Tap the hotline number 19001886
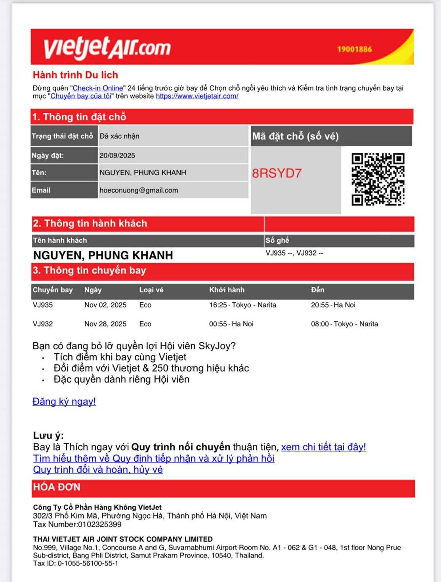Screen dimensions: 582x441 354,49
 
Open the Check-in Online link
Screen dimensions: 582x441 98,88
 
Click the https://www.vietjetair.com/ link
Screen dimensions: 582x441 197,96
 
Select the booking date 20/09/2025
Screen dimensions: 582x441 117,155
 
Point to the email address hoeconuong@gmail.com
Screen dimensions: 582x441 139,190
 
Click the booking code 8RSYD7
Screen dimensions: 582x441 277,173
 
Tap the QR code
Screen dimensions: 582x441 378,179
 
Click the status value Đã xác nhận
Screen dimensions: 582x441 119,136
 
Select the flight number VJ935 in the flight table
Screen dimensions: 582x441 43,305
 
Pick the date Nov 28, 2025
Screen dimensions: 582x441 105,324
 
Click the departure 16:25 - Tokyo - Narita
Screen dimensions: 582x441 242,305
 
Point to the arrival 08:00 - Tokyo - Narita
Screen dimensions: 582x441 344,324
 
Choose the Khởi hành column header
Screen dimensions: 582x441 227,290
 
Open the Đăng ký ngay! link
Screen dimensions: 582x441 64,402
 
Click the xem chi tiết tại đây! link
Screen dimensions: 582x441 323,447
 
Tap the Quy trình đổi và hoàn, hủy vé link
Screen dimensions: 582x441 98,470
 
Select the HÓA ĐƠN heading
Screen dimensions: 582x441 57,487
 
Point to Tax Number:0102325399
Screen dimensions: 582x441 77,525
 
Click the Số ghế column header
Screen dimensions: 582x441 277,241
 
